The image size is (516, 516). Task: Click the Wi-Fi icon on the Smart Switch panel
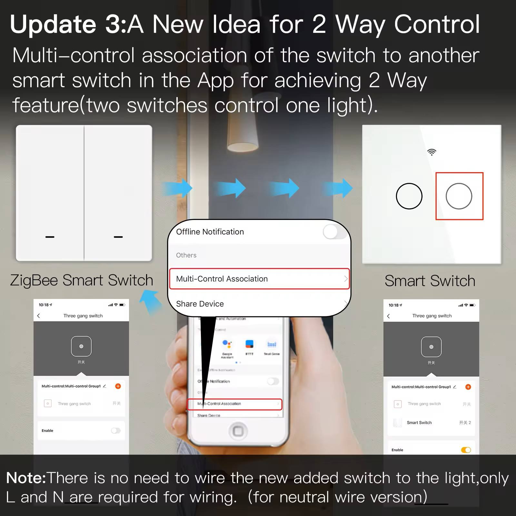432,152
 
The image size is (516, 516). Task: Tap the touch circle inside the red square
459,196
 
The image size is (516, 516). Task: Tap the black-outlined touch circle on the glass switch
409,196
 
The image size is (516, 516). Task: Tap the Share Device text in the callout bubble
200,304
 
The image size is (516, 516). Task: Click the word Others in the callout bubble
186,255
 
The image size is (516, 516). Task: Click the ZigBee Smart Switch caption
82,280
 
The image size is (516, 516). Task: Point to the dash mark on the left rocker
50,237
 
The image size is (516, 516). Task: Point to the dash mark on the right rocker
118,237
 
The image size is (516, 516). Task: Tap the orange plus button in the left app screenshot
118,386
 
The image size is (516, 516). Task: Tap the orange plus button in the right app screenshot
468,387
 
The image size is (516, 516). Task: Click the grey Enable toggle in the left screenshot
115,431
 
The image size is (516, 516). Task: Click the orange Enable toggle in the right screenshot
466,450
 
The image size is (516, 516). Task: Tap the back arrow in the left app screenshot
39,316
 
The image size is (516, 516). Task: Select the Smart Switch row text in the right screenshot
419,422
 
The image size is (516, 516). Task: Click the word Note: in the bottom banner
26,478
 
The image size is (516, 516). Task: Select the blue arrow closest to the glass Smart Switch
339,188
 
